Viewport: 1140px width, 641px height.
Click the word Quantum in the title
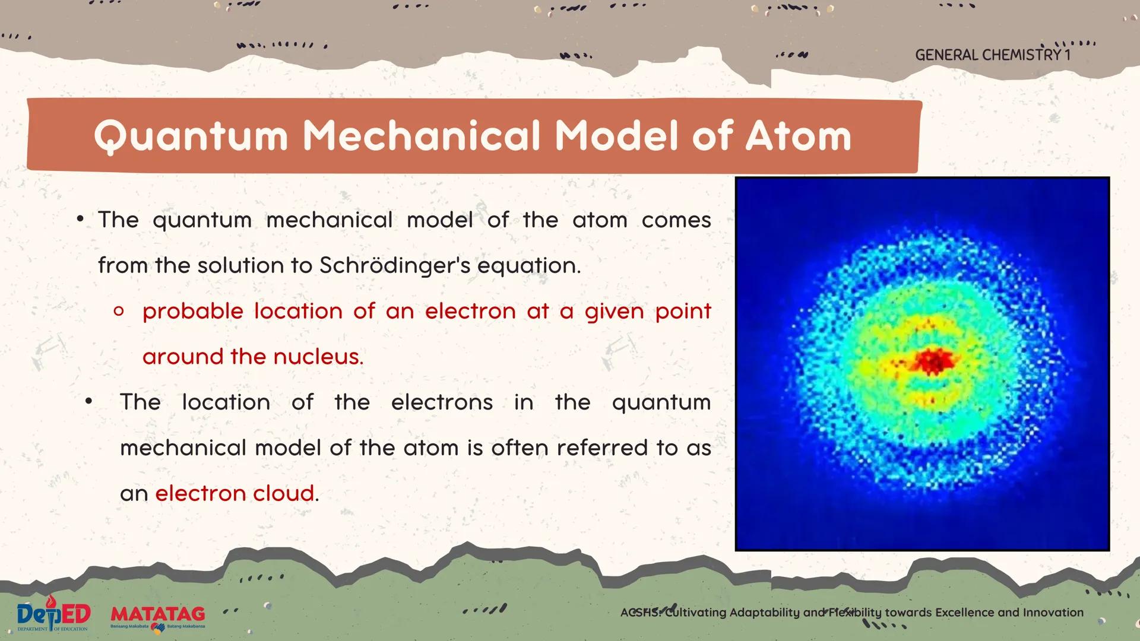tap(191, 137)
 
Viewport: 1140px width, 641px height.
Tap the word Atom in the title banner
tap(798, 136)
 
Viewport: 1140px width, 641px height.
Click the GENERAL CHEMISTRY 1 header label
tap(993, 55)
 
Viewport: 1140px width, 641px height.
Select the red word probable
tap(193, 312)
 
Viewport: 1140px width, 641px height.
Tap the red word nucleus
tap(318, 357)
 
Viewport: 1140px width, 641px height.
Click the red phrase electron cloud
tap(235, 493)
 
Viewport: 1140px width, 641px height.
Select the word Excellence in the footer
tap(965, 613)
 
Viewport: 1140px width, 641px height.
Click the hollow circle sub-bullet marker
tap(119, 311)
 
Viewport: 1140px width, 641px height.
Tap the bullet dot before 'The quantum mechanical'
tap(80, 220)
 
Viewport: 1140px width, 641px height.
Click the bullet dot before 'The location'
tap(89, 402)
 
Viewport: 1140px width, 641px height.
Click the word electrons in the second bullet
tap(442, 402)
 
